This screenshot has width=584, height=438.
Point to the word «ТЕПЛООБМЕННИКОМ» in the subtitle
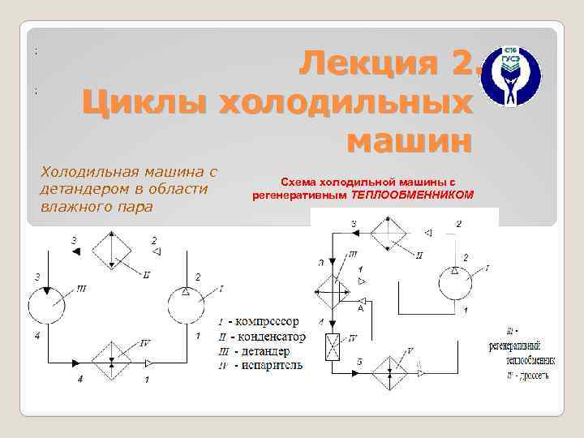(x=419, y=195)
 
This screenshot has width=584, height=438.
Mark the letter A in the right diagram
(x=359, y=308)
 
